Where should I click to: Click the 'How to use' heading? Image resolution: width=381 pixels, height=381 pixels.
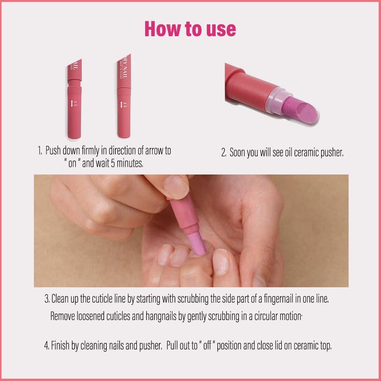190,29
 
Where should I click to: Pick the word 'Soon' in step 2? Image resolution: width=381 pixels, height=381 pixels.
238,153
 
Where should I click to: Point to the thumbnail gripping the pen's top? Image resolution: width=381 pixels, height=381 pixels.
176,187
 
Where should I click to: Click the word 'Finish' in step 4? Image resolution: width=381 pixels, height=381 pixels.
61,346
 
